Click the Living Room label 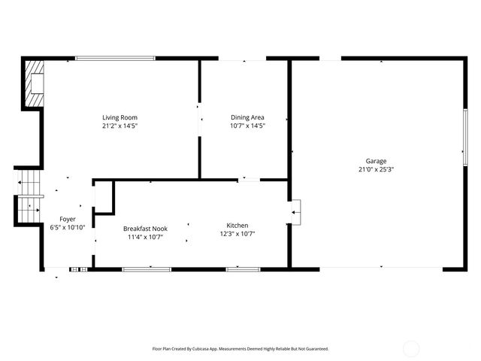[x=119, y=117]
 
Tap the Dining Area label [x=247, y=117]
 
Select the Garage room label [x=376, y=161]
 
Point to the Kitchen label [x=237, y=225]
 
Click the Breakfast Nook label [x=146, y=229]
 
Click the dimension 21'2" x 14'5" [x=119, y=126]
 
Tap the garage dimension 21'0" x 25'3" [x=376, y=169]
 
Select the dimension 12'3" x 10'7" [x=237, y=233]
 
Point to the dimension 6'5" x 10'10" [x=68, y=227]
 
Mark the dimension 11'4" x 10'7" [x=146, y=237]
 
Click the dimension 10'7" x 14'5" [x=247, y=126]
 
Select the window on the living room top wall [x=115, y=58]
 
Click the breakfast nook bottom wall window [x=146, y=268]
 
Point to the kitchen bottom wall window [x=243, y=268]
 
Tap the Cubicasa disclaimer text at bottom [x=240, y=349]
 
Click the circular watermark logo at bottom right [x=411, y=348]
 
